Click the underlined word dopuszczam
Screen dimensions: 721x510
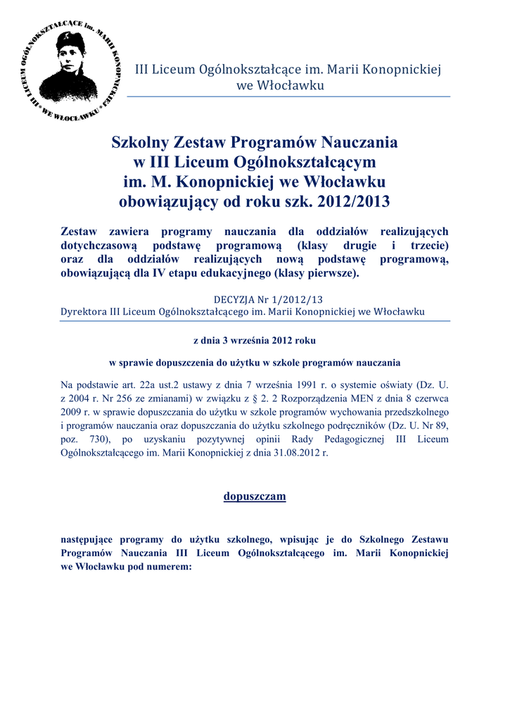pyautogui.click(x=255, y=496)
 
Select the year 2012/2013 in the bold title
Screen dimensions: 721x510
pyautogui.click(x=357, y=202)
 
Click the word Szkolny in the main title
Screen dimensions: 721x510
pyautogui.click(x=140, y=143)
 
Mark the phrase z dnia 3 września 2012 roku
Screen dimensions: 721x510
pyautogui.click(x=255, y=340)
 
